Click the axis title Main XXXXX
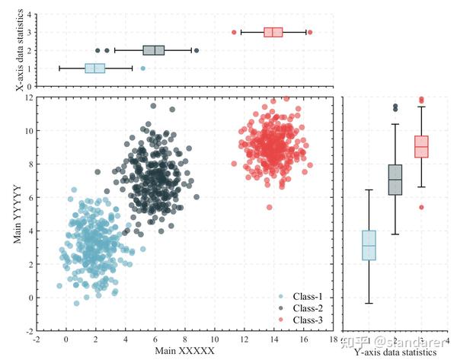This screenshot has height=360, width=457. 185,351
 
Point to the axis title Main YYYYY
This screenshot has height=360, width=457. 17,214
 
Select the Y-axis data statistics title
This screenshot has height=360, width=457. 396,352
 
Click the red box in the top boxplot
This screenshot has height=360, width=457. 273,32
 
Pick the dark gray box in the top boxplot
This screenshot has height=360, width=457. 154,50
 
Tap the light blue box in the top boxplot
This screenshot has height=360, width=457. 94,68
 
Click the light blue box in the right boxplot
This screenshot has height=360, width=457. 369,245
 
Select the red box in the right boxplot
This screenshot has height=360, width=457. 421,146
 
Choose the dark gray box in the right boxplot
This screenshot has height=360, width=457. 395,180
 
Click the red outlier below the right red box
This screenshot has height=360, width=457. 421,207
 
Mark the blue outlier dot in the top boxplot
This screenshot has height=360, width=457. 143,68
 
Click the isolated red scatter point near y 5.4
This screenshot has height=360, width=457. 269,207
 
